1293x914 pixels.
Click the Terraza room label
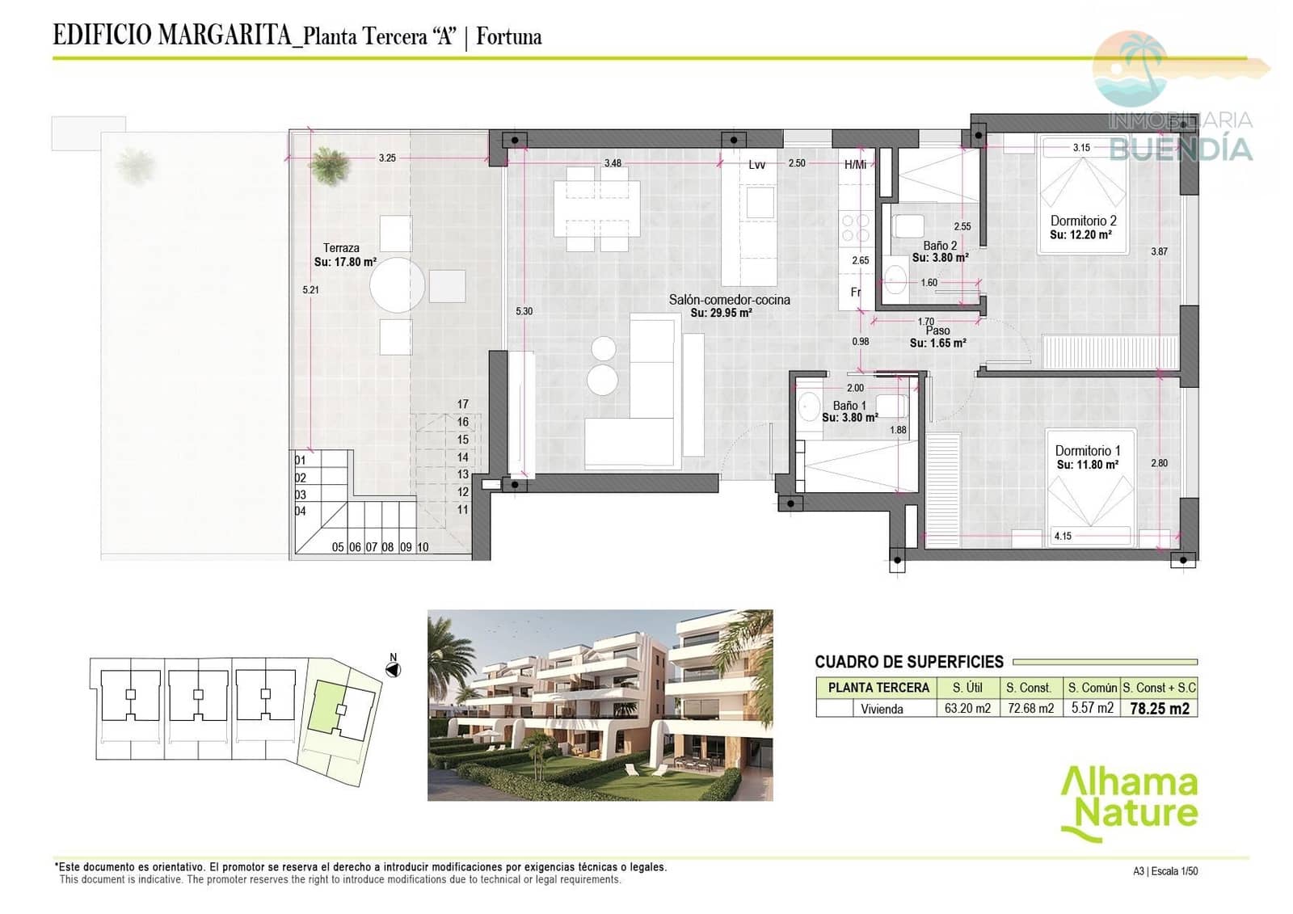(341, 248)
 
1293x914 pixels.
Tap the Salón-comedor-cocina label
(729, 300)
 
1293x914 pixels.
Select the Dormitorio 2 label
(1083, 221)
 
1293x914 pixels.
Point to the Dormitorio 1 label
(1087, 451)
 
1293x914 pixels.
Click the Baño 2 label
(940, 246)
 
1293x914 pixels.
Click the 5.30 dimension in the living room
(524, 311)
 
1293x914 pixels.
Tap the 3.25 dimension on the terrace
(387, 158)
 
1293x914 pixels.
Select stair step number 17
(462, 404)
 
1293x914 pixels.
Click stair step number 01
(301, 461)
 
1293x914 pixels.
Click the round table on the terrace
(397, 285)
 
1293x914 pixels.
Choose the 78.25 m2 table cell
(1159, 709)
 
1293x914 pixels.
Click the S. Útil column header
(967, 688)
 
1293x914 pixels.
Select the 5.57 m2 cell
(1092, 708)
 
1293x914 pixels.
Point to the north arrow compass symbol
(394, 669)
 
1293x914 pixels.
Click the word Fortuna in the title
(508, 36)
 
